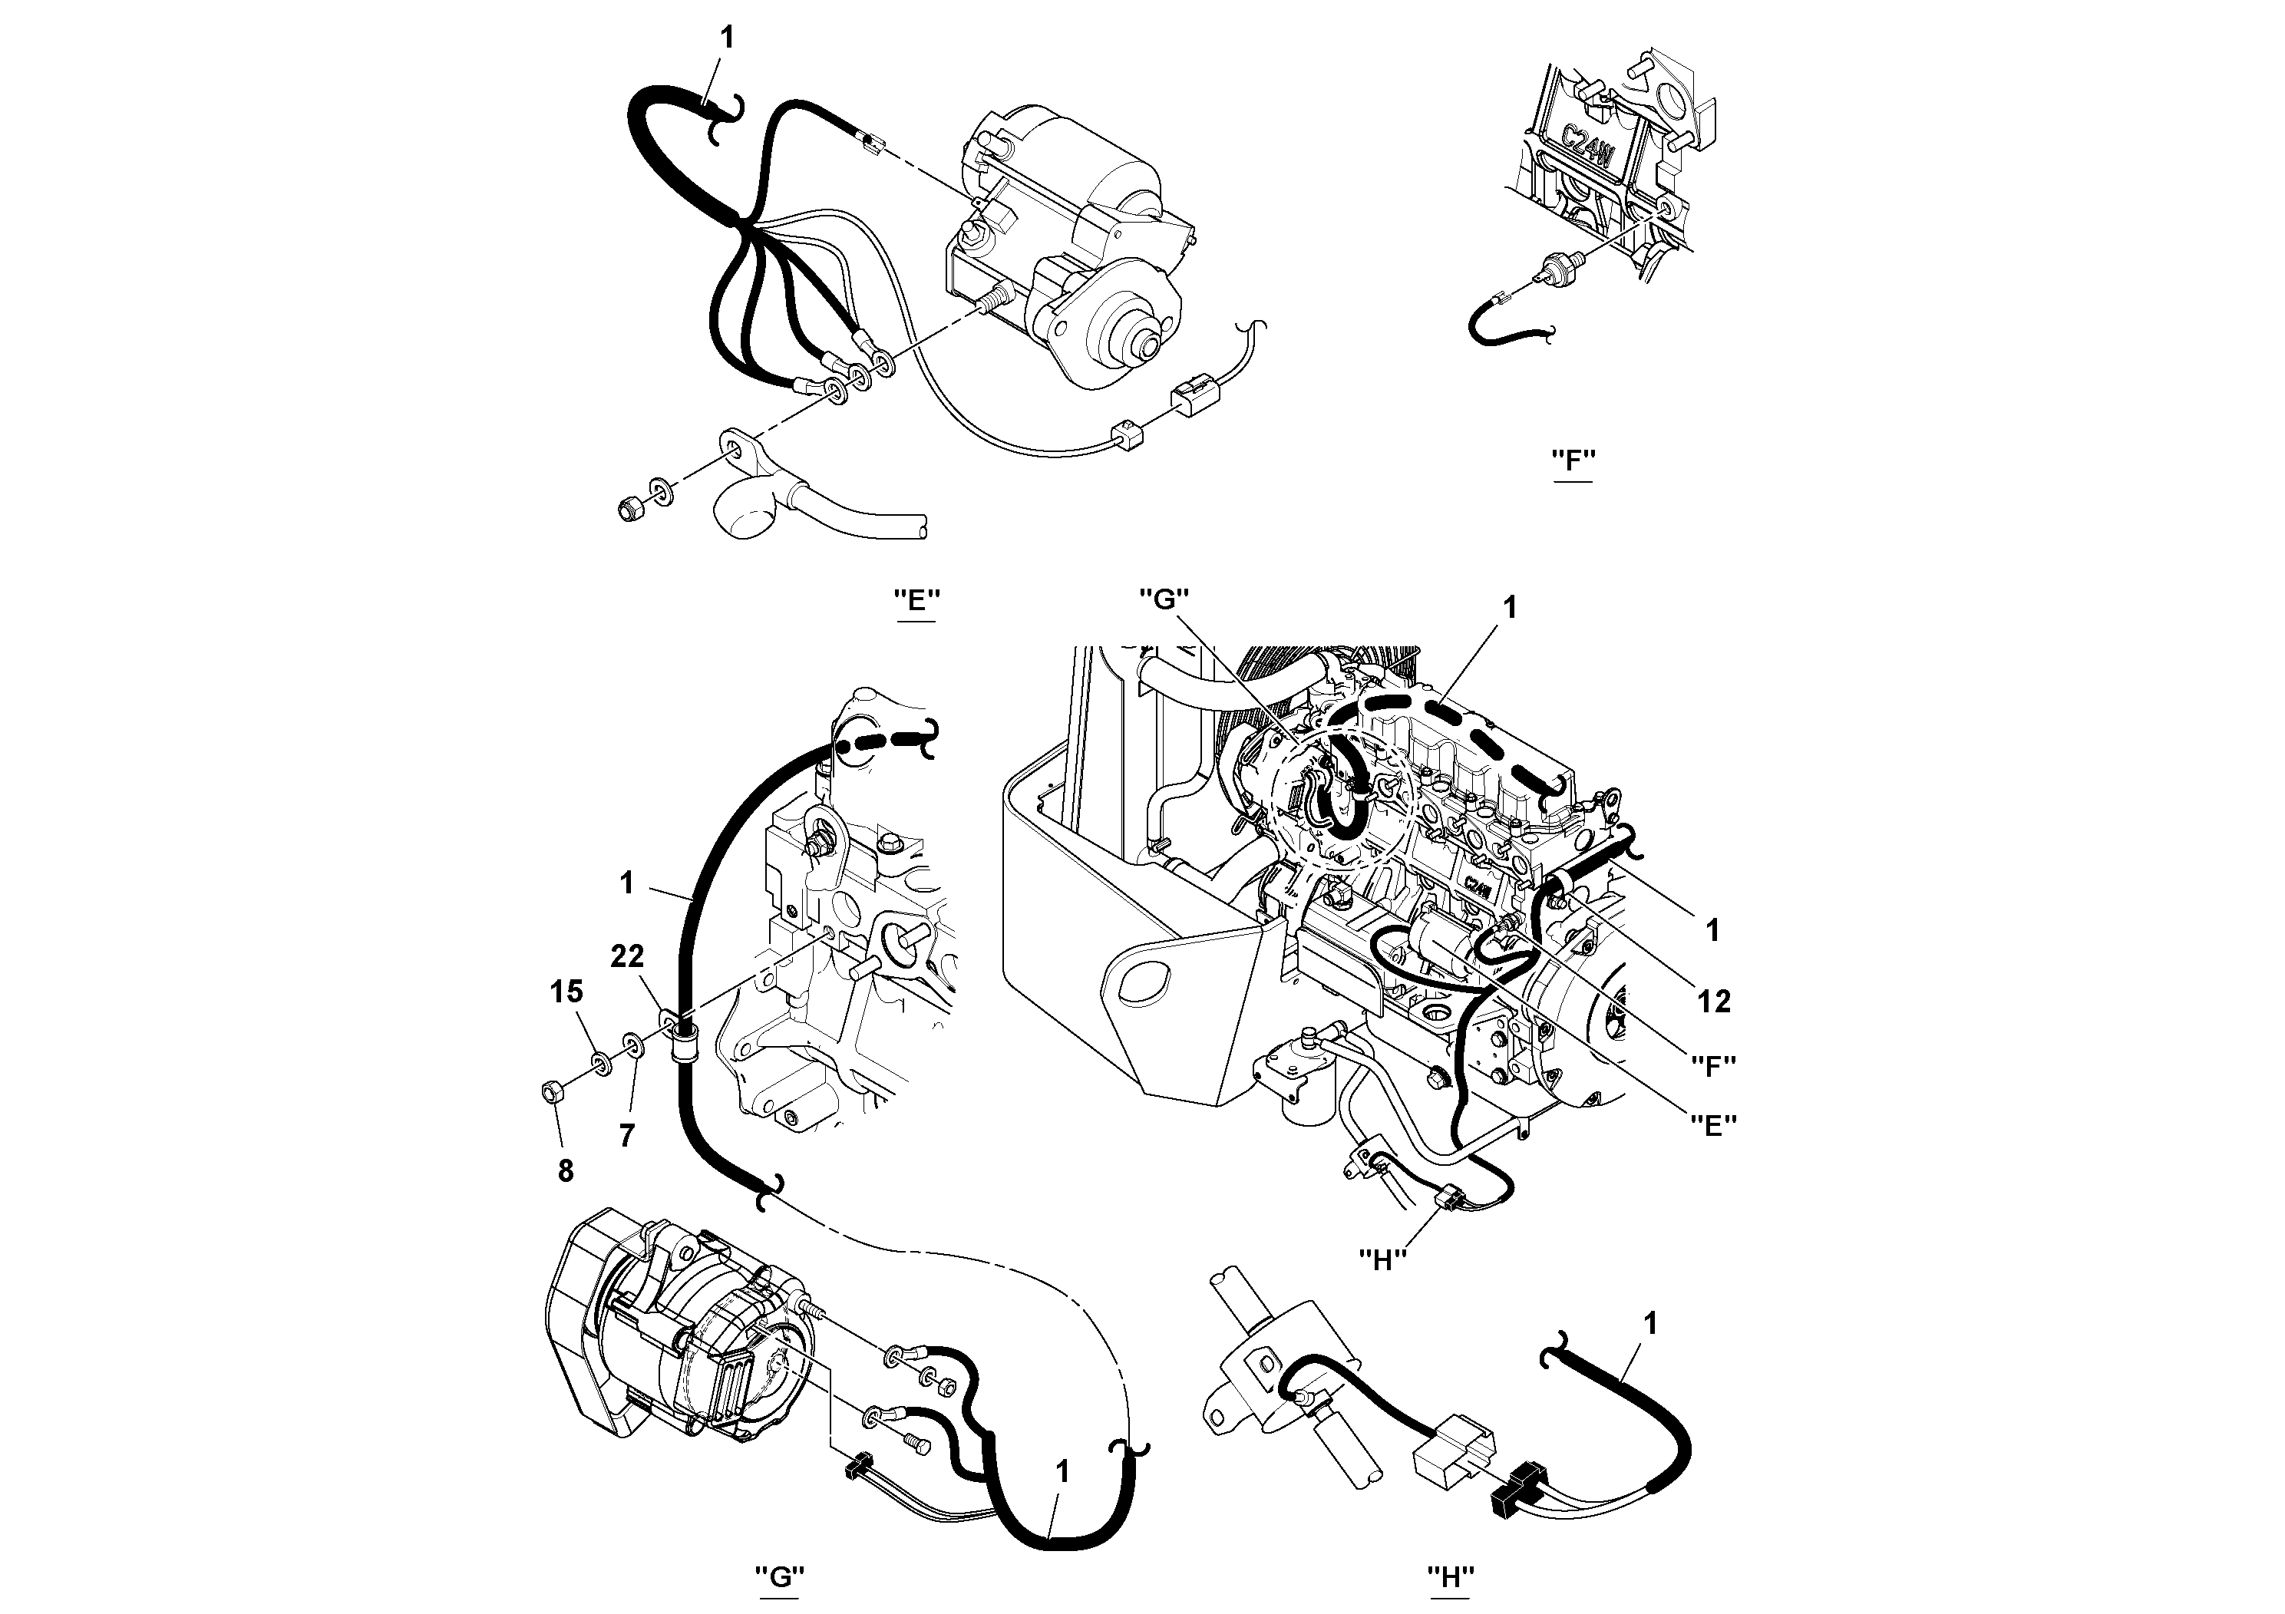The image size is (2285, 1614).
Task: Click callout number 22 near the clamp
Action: (x=627, y=956)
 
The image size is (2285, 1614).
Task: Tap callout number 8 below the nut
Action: (x=565, y=1171)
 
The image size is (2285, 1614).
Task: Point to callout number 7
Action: (x=626, y=1135)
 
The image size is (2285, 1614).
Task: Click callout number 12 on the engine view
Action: (x=1714, y=1001)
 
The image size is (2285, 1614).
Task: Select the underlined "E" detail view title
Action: (x=916, y=600)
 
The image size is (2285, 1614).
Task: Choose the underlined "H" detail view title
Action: (x=1451, y=1577)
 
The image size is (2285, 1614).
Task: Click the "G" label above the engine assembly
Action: (x=1164, y=599)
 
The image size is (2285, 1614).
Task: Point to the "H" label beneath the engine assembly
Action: (x=1382, y=1259)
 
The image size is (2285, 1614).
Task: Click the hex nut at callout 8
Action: (x=550, y=1091)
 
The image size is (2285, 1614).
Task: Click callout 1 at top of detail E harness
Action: (x=727, y=38)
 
